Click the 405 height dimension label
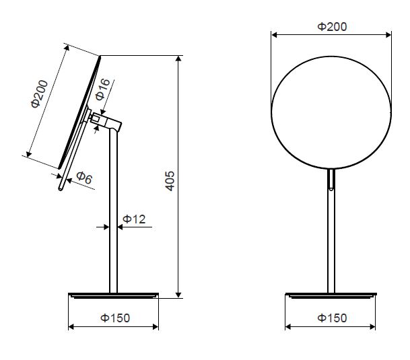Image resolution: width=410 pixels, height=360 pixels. coord(170,181)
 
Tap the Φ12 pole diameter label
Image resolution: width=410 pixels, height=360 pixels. coord(134,219)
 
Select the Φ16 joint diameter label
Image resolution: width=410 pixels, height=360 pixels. coord(102,89)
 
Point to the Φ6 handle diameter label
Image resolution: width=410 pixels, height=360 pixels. coord(84,178)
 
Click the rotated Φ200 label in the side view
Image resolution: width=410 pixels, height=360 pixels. coord(40,94)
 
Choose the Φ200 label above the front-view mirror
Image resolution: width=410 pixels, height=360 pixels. coord(332,27)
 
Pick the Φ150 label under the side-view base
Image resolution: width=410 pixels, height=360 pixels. coord(115,318)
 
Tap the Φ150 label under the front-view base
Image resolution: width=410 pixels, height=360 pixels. coord(332,318)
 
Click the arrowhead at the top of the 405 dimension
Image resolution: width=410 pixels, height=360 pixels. coord(178,59)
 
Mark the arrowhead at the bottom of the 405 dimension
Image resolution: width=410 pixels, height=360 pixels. coord(178,295)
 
